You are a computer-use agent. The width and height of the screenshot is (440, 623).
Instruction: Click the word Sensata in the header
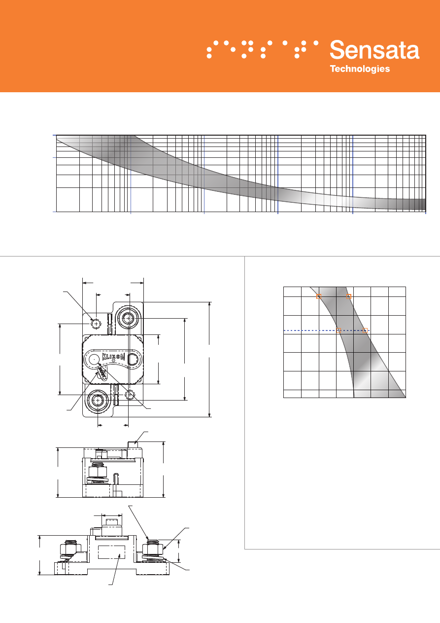(x=374, y=50)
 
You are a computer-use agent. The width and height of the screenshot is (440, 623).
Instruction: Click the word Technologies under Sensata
(x=360, y=69)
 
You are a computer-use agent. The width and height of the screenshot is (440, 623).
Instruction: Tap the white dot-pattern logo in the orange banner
(x=262, y=49)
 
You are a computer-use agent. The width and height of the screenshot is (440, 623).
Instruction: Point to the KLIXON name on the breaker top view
(x=113, y=357)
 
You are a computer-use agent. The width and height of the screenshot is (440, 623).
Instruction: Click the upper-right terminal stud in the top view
(x=128, y=318)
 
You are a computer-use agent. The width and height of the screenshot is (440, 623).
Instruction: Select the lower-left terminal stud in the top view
(x=98, y=400)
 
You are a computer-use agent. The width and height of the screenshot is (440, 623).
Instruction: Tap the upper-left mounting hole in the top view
(x=96, y=324)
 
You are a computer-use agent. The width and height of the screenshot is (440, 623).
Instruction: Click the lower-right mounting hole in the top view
(x=130, y=395)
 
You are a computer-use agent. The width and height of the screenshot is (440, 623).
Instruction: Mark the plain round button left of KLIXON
(x=94, y=359)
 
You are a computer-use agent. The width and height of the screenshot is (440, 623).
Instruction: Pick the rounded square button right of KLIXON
(x=133, y=359)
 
